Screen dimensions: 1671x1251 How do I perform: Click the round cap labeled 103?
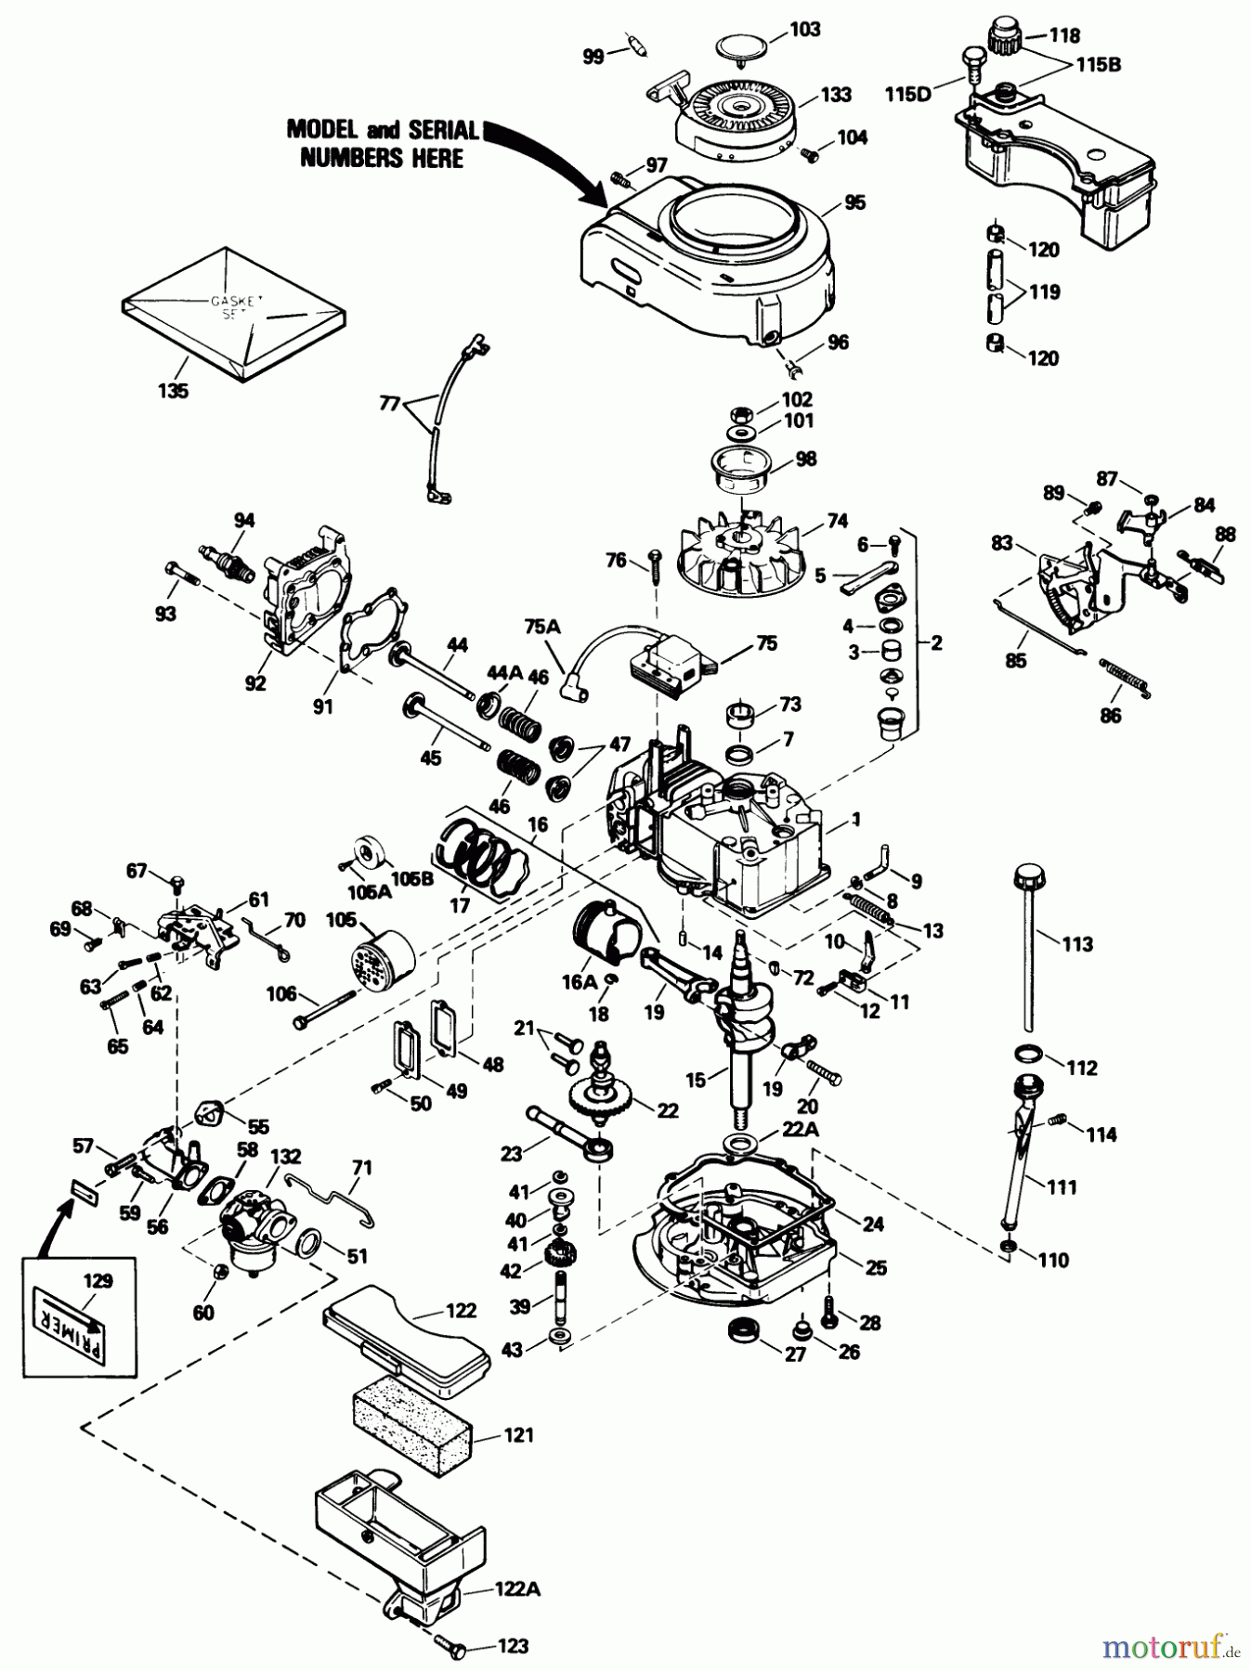pyautogui.click(x=749, y=49)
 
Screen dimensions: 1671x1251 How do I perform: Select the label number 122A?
pyautogui.click(x=512, y=1589)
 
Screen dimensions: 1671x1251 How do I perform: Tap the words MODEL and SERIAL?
pyautogui.click(x=382, y=130)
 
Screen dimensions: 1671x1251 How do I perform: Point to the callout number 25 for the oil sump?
pyautogui.click(x=875, y=1267)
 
